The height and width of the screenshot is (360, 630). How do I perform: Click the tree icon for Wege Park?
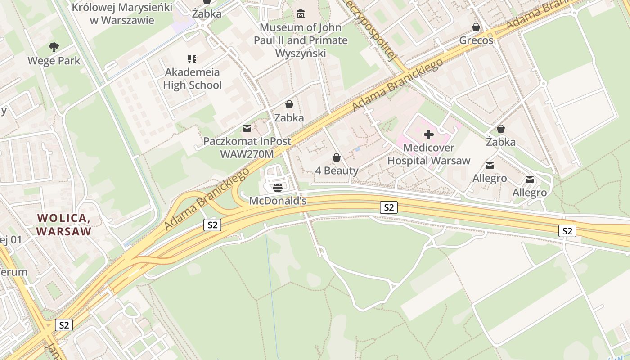[54, 47]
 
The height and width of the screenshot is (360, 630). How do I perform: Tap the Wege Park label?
[54, 61]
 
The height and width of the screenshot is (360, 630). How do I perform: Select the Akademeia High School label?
[192, 79]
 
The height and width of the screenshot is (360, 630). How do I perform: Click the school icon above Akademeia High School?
[192, 58]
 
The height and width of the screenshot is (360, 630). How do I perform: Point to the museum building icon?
[300, 14]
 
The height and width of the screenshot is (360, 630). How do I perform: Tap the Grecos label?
[476, 40]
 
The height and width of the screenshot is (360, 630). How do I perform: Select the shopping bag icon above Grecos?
[476, 27]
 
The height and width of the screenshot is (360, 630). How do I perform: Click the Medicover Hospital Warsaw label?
[428, 154]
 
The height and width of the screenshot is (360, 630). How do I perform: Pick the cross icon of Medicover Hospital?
[428, 134]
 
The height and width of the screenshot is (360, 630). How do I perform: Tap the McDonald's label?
[278, 201]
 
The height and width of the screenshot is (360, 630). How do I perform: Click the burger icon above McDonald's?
[278, 187]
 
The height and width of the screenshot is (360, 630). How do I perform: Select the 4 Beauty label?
[337, 171]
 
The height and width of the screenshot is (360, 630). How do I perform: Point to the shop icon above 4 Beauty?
[336, 157]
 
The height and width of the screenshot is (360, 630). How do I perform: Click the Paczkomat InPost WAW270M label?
[247, 148]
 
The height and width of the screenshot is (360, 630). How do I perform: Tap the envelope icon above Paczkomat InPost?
[247, 128]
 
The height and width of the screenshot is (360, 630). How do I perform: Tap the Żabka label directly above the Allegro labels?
[501, 142]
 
